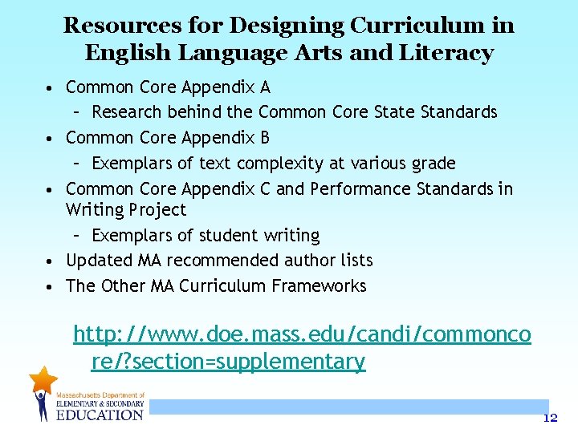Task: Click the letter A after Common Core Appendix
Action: click(x=265, y=87)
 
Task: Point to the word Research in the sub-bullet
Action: click(x=128, y=111)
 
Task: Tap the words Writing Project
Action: click(x=125, y=210)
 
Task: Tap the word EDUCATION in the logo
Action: click(x=100, y=414)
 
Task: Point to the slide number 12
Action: click(x=550, y=418)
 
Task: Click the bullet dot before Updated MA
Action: click(x=51, y=261)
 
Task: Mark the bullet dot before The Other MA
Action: click(x=51, y=287)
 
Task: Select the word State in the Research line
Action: click(x=395, y=111)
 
